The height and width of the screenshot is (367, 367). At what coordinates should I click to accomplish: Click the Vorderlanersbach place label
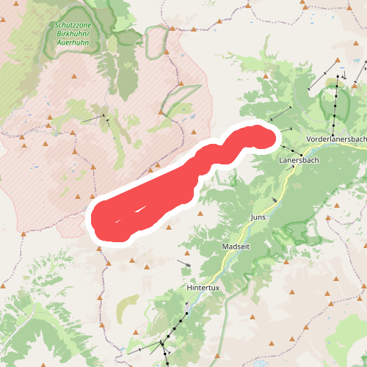pyautogui.click(x=336, y=139)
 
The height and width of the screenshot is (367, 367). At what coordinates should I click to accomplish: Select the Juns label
pyautogui.click(x=258, y=218)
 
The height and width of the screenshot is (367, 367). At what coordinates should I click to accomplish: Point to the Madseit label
pyautogui.click(x=236, y=247)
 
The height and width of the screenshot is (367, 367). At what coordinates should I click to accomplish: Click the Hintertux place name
pyautogui.click(x=203, y=288)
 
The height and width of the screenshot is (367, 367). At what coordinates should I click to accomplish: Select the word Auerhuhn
pyautogui.click(x=73, y=42)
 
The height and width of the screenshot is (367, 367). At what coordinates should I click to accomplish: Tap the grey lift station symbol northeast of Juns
pyautogui.click(x=275, y=199)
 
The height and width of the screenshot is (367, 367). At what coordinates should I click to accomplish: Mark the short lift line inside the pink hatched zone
pyautogui.click(x=94, y=117)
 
